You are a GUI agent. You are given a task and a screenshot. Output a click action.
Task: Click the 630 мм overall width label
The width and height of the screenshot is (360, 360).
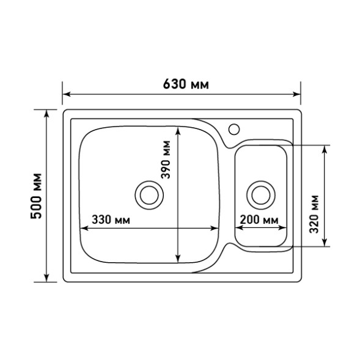tap(186, 84)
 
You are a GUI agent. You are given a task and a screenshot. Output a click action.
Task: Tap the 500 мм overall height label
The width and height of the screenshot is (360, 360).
tap(37, 196)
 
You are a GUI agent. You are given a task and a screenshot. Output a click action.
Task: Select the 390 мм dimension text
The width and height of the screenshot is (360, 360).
tap(166, 160)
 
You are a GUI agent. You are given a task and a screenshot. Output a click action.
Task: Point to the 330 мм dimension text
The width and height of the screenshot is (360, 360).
tap(111, 219)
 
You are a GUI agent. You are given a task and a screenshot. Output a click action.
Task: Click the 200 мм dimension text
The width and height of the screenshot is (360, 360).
tap(259, 219)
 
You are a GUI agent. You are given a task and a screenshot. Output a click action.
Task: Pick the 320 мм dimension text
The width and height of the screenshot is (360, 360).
tap(314, 214)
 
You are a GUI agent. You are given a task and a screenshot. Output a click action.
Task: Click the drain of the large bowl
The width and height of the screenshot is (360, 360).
tap(149, 195)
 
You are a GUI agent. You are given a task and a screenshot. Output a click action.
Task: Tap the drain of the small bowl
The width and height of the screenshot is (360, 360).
tap(261, 195)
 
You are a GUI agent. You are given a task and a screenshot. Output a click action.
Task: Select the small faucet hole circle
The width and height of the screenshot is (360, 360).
tap(234, 129)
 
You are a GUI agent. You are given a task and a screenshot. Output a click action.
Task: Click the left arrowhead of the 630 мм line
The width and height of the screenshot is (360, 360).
tap(67, 94)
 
